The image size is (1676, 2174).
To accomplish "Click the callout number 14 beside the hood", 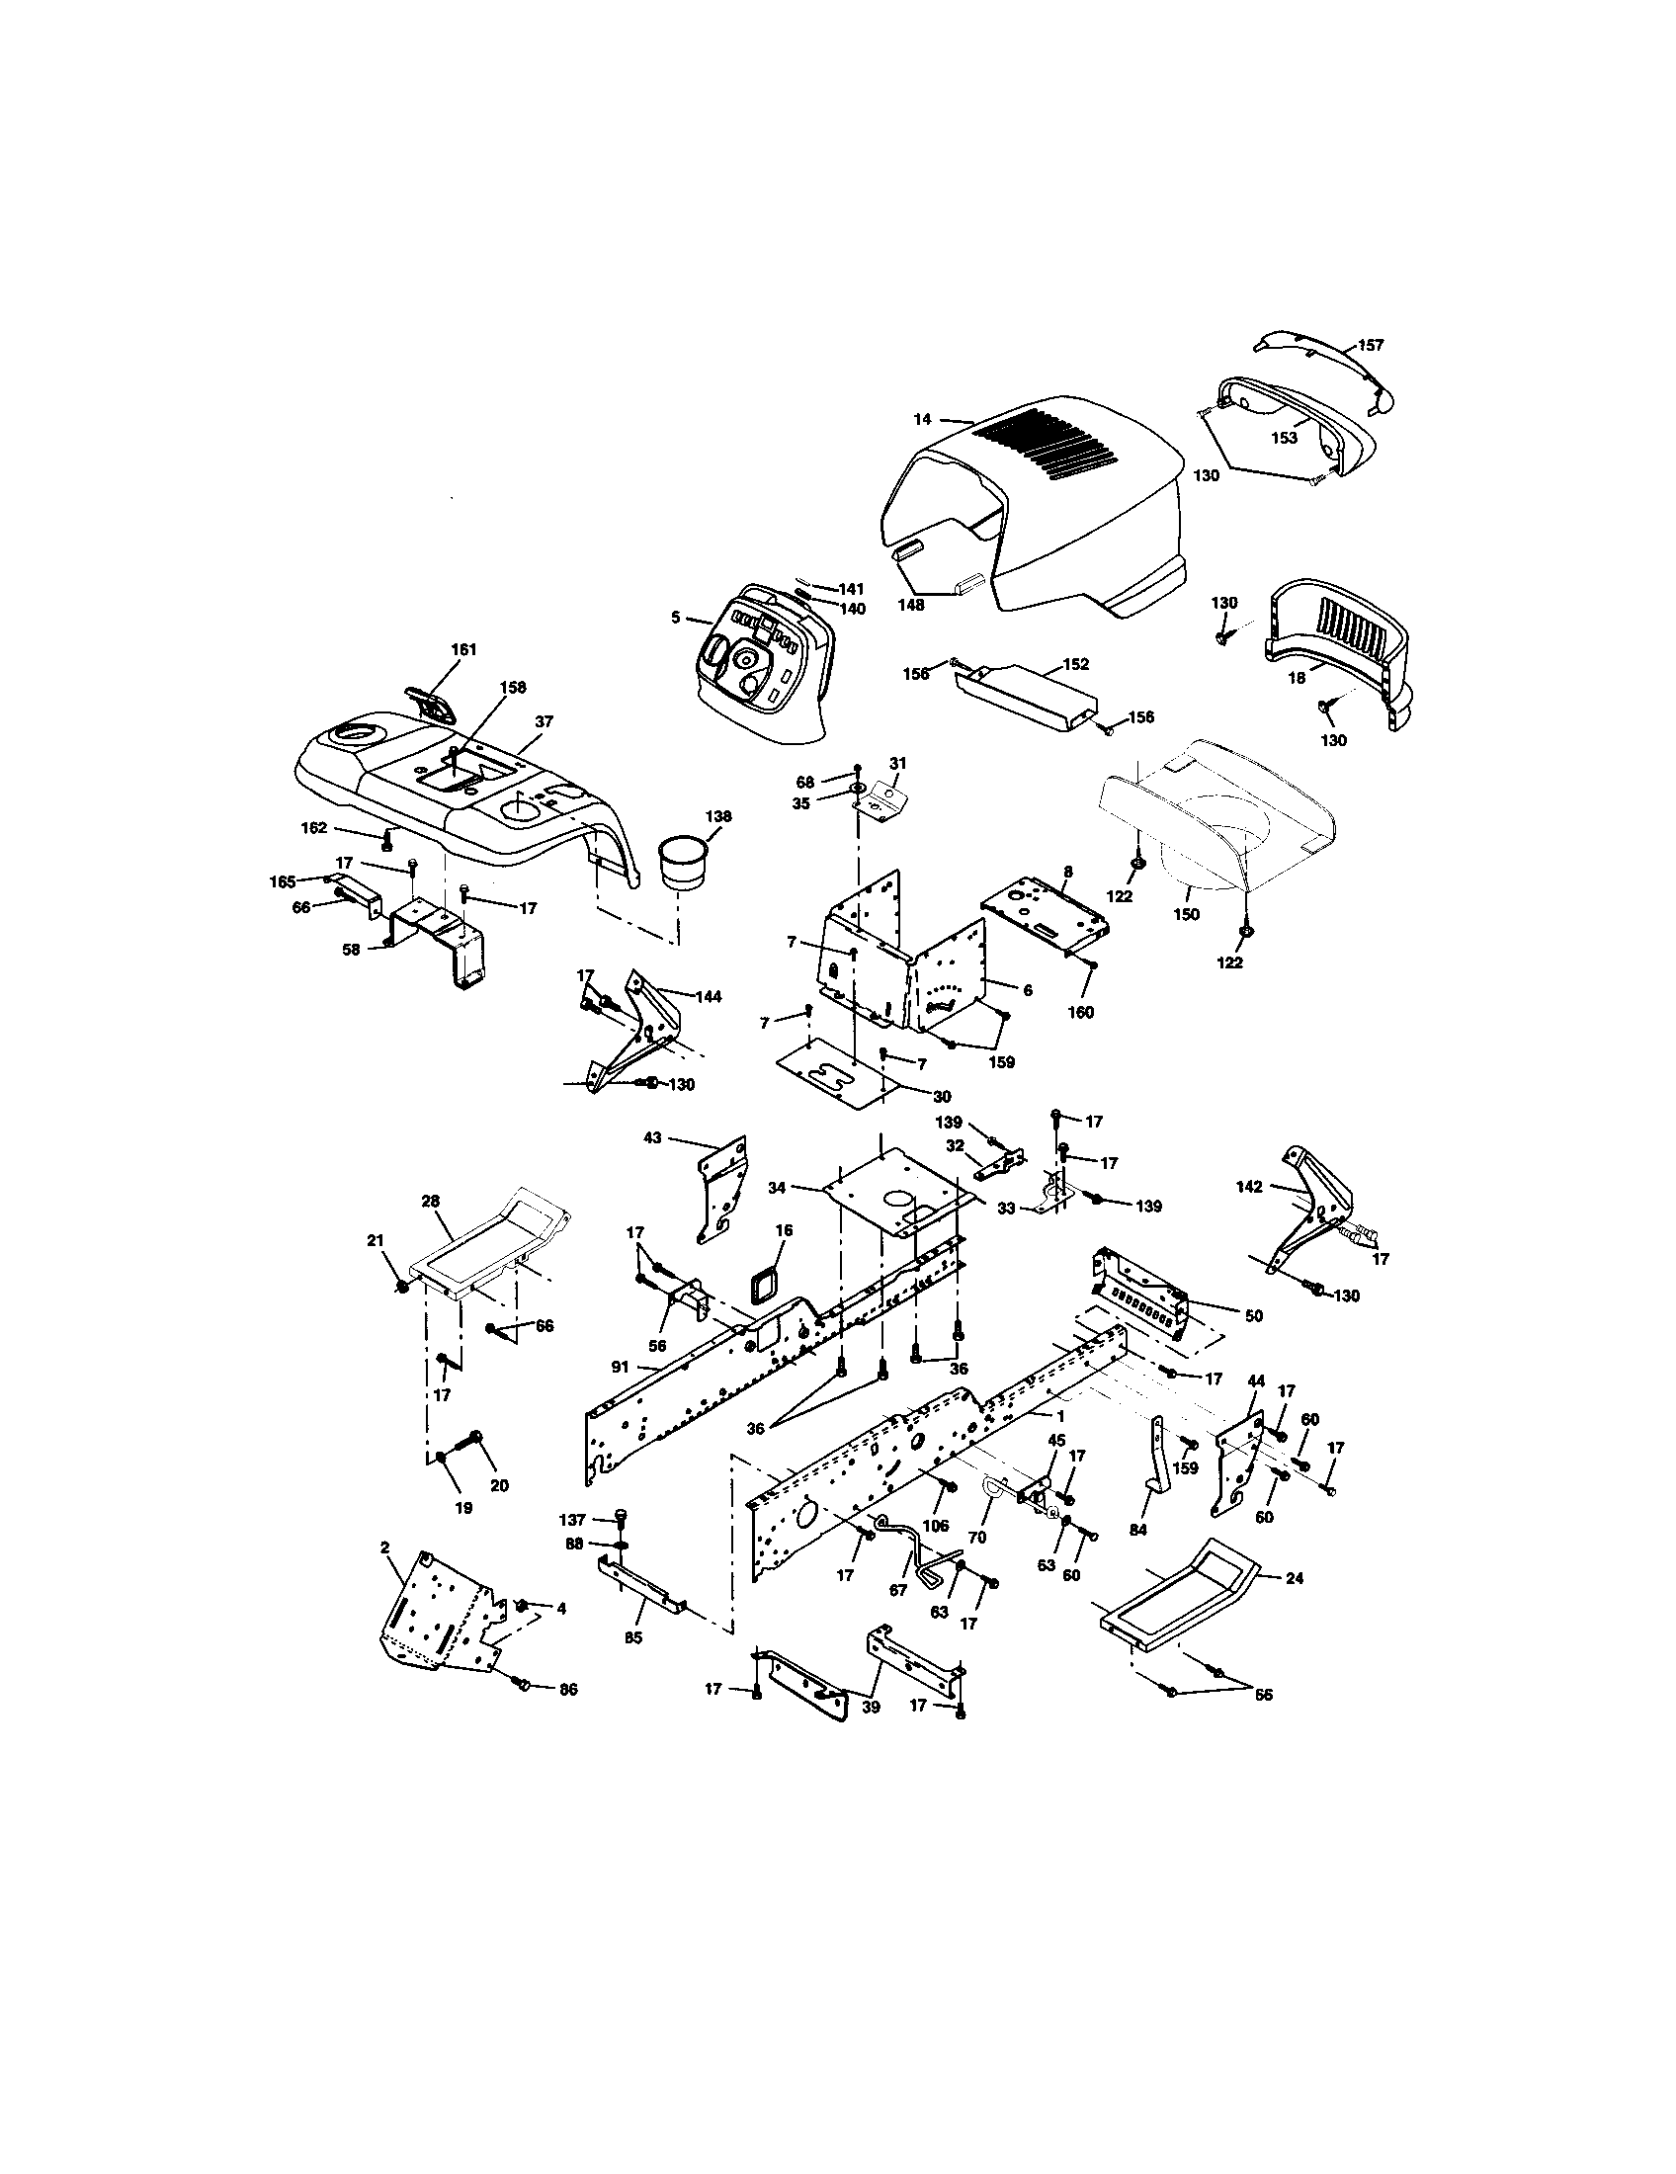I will (x=921, y=419).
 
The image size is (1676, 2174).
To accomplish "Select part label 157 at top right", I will (x=1371, y=346).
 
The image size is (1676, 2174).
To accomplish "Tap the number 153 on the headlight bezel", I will (x=1285, y=438).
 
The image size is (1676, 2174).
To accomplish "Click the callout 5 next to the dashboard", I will (x=676, y=619).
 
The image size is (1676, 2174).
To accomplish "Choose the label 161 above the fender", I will (x=463, y=649).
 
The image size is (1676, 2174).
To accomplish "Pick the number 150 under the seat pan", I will (x=1186, y=914).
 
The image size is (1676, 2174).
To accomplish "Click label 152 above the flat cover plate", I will (x=1076, y=664).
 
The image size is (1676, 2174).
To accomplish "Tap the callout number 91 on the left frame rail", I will (x=620, y=1367).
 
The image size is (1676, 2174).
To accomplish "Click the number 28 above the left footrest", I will (x=430, y=1202).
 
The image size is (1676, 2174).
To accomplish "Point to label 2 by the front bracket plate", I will (x=384, y=1547).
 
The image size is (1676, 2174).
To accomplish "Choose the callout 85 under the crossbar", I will (x=633, y=1635).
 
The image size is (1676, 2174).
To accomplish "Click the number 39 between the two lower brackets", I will (x=872, y=1707).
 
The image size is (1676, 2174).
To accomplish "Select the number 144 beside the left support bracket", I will (x=709, y=996).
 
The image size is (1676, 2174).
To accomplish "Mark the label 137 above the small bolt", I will (x=572, y=1519).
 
